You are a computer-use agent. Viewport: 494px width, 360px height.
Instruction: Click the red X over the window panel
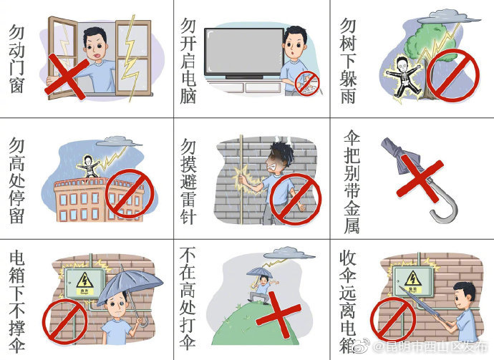click(x=67, y=77)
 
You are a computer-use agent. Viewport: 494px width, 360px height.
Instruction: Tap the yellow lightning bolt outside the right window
click(x=132, y=58)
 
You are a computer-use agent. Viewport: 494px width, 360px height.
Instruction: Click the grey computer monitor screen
click(x=244, y=52)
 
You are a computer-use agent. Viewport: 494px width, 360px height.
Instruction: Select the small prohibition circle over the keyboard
click(x=307, y=84)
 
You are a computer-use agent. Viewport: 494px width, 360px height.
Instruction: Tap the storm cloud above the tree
click(x=448, y=16)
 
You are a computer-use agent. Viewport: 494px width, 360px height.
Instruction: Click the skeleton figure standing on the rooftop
click(x=89, y=166)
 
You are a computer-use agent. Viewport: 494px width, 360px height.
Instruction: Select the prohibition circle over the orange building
click(x=130, y=194)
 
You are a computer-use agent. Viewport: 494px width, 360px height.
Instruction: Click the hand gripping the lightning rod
click(x=241, y=179)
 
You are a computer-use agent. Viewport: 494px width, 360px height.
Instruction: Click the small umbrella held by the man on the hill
click(x=260, y=271)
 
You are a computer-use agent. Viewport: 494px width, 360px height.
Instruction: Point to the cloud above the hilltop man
click(x=289, y=253)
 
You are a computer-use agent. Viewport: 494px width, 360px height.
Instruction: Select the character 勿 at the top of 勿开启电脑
click(x=188, y=26)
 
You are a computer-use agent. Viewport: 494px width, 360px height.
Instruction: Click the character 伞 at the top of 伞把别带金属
click(x=352, y=137)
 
